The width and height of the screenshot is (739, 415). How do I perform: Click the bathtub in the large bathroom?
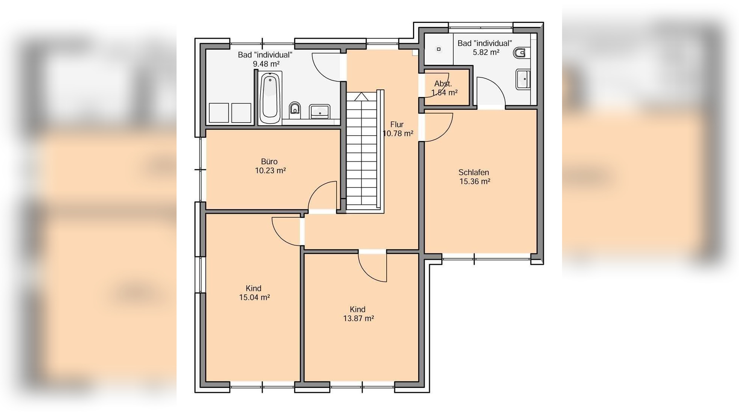coord(270,98)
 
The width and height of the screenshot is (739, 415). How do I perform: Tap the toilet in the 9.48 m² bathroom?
coord(295,109)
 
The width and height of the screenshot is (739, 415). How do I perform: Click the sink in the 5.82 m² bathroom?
coord(523,79)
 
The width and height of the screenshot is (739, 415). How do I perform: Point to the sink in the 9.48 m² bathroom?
coord(320,112)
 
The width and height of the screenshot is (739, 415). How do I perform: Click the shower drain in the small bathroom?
coord(439,49)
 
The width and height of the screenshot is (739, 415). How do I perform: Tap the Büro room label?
coord(269,162)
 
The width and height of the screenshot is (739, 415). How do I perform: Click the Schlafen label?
coord(474,173)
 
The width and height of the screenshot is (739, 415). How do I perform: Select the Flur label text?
coord(397,124)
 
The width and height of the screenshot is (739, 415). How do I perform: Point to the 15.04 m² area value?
coord(254,297)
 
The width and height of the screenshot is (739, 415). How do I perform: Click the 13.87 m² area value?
coord(358,318)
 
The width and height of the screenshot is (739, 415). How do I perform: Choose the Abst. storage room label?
coord(443,84)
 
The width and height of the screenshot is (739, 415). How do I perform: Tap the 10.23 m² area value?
coord(270,171)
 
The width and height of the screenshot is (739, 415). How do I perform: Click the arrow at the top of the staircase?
coord(361,97)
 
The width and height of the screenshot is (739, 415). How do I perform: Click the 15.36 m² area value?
coord(475,182)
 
